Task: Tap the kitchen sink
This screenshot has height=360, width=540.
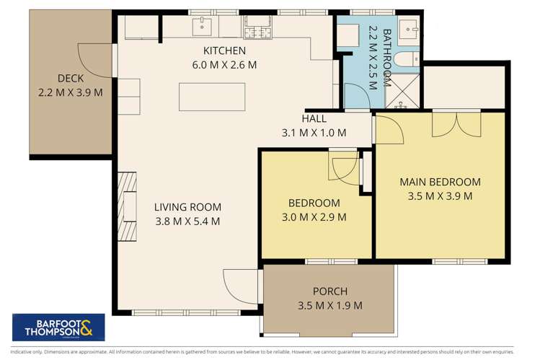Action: (202, 29)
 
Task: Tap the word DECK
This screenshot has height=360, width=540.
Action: (71, 79)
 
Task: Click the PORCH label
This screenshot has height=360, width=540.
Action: (329, 291)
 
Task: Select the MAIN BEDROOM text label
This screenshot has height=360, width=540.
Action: (440, 182)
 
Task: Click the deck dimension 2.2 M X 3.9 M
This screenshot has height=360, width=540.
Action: (71, 92)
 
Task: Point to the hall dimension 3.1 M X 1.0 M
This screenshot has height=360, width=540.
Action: (314, 132)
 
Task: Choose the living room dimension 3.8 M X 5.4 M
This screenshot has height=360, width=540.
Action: (187, 221)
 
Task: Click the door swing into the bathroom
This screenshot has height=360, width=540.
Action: (355, 95)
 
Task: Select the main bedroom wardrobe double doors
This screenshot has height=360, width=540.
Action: (456, 124)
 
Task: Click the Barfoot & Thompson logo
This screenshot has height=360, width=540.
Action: (58, 327)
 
